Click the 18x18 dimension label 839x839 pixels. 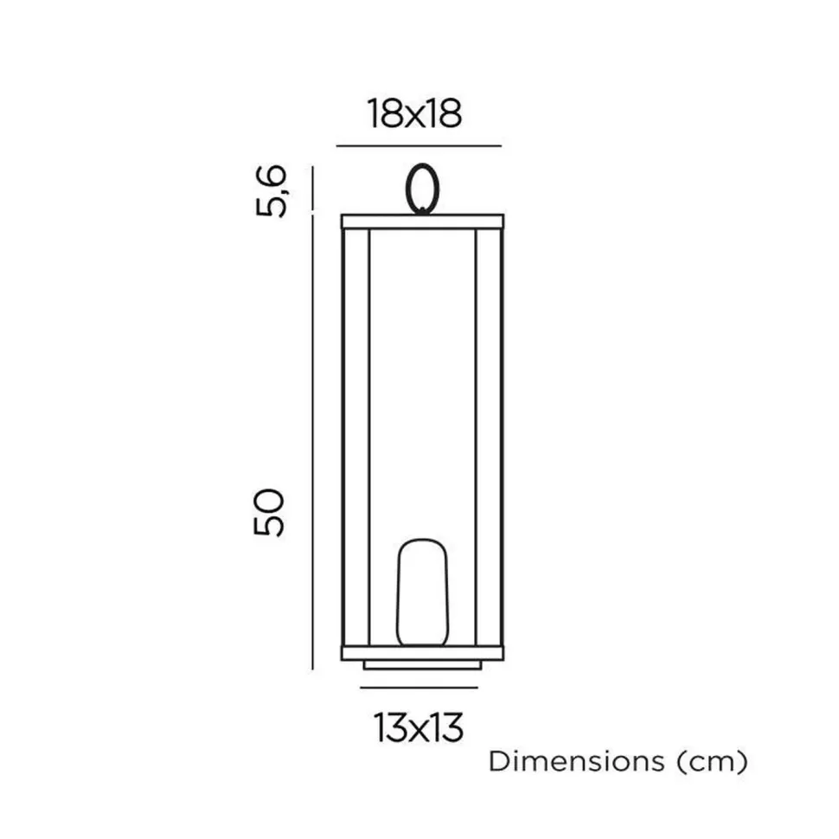tap(414, 114)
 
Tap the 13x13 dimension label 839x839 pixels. tap(419, 727)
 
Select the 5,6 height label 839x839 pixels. tap(271, 191)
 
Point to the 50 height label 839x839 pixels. tap(269, 512)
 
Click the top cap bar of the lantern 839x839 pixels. tap(423, 221)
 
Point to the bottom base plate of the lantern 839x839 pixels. tap(423, 653)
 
